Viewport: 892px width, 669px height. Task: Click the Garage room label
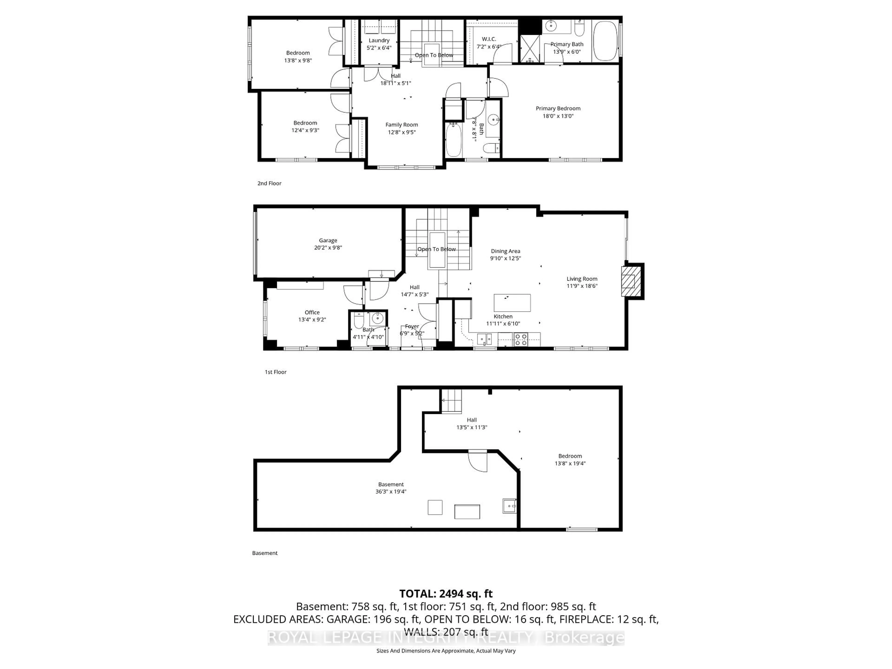click(x=328, y=240)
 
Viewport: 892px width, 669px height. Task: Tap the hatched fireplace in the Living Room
click(x=628, y=281)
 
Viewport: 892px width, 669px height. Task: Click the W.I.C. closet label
click(x=489, y=39)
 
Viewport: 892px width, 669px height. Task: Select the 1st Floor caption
click(x=275, y=372)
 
